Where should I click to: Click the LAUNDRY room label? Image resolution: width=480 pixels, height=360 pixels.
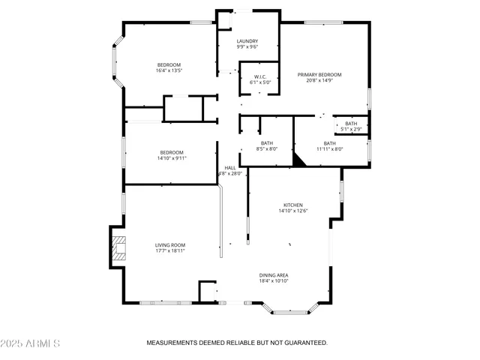[247, 41]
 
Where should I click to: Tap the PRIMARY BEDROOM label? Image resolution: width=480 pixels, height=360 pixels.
[319, 74]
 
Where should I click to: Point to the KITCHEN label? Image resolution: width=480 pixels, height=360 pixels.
[293, 205]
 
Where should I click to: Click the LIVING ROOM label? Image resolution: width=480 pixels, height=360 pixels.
[170, 245]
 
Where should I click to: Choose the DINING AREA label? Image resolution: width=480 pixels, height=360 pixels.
[274, 275]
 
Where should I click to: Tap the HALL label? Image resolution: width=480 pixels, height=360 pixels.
[230, 167]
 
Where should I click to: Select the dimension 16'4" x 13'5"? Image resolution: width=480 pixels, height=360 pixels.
[170, 70]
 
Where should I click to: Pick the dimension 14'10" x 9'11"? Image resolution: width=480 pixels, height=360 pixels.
[172, 158]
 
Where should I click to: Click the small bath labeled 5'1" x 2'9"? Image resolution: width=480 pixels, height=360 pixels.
[351, 129]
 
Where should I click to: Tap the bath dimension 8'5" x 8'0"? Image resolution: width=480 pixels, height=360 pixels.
[267, 148]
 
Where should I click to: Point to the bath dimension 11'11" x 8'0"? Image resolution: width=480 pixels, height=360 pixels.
[329, 148]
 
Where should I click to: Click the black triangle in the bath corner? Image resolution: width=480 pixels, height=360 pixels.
[300, 160]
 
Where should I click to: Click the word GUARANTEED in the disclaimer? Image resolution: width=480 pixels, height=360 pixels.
[304, 343]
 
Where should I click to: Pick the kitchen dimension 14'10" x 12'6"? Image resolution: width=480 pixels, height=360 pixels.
[293, 211]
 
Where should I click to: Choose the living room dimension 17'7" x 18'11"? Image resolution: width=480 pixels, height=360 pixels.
[170, 251]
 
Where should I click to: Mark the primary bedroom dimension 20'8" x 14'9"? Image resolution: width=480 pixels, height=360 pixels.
[319, 80]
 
